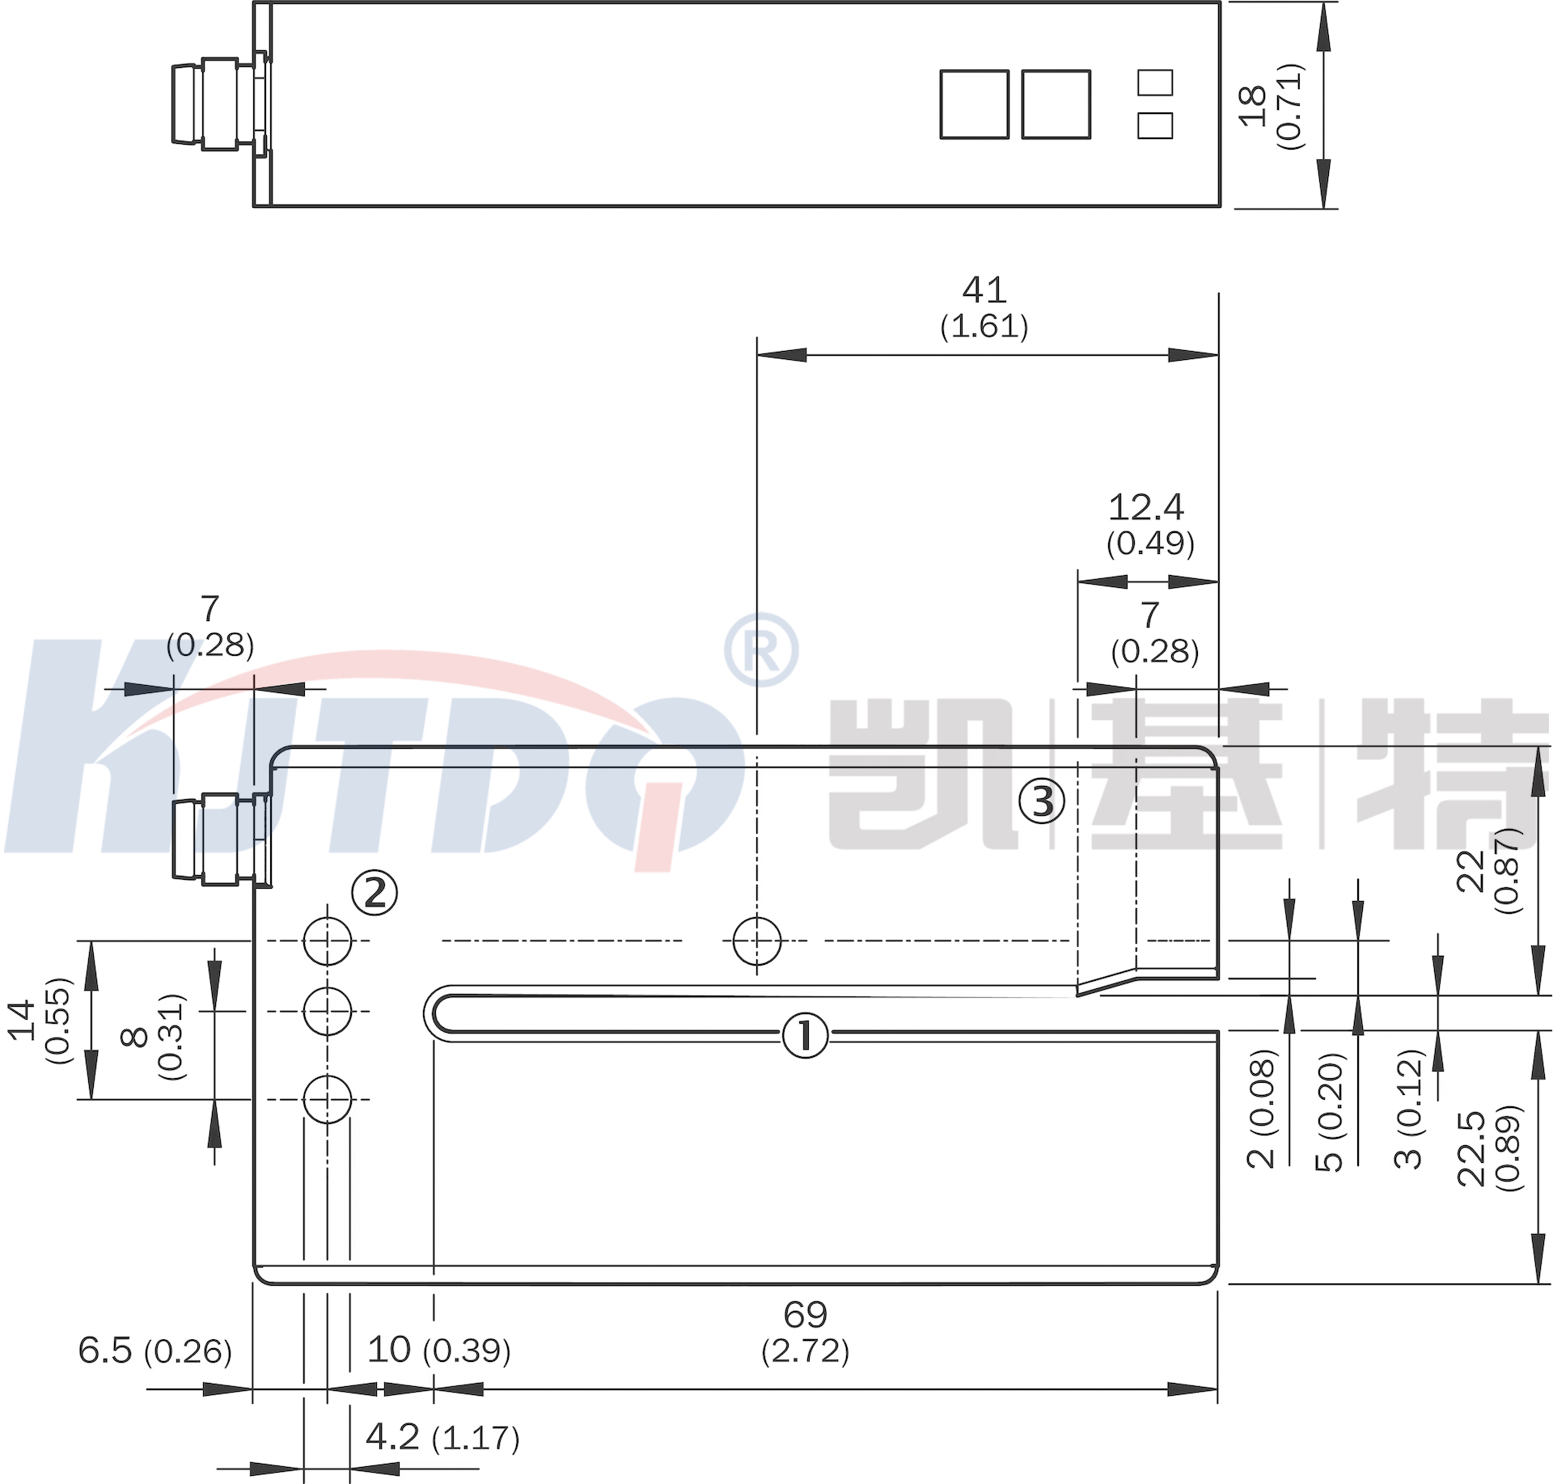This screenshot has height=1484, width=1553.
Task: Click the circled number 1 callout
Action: [805, 1036]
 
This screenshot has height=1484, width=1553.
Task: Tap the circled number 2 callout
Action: [374, 893]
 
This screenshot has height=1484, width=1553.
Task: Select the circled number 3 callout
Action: [1042, 801]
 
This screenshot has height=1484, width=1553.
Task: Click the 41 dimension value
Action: [984, 290]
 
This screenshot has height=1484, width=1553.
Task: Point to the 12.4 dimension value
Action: [1146, 507]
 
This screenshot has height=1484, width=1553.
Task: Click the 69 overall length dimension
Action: [806, 1314]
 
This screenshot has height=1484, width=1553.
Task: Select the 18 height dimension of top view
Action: [1252, 105]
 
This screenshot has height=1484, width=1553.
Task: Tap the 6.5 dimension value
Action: [105, 1350]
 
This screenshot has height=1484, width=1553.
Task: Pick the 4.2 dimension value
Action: [392, 1436]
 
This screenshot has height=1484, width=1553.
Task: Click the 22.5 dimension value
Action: [1471, 1148]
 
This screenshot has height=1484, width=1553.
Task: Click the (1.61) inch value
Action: [984, 326]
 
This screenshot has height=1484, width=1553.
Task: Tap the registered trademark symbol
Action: [761, 649]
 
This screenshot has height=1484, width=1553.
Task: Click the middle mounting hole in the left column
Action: [328, 1011]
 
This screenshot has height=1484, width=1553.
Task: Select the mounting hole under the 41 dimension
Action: [757, 941]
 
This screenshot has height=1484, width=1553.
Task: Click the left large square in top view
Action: [975, 104]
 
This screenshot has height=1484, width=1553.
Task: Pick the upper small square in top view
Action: [1155, 82]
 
